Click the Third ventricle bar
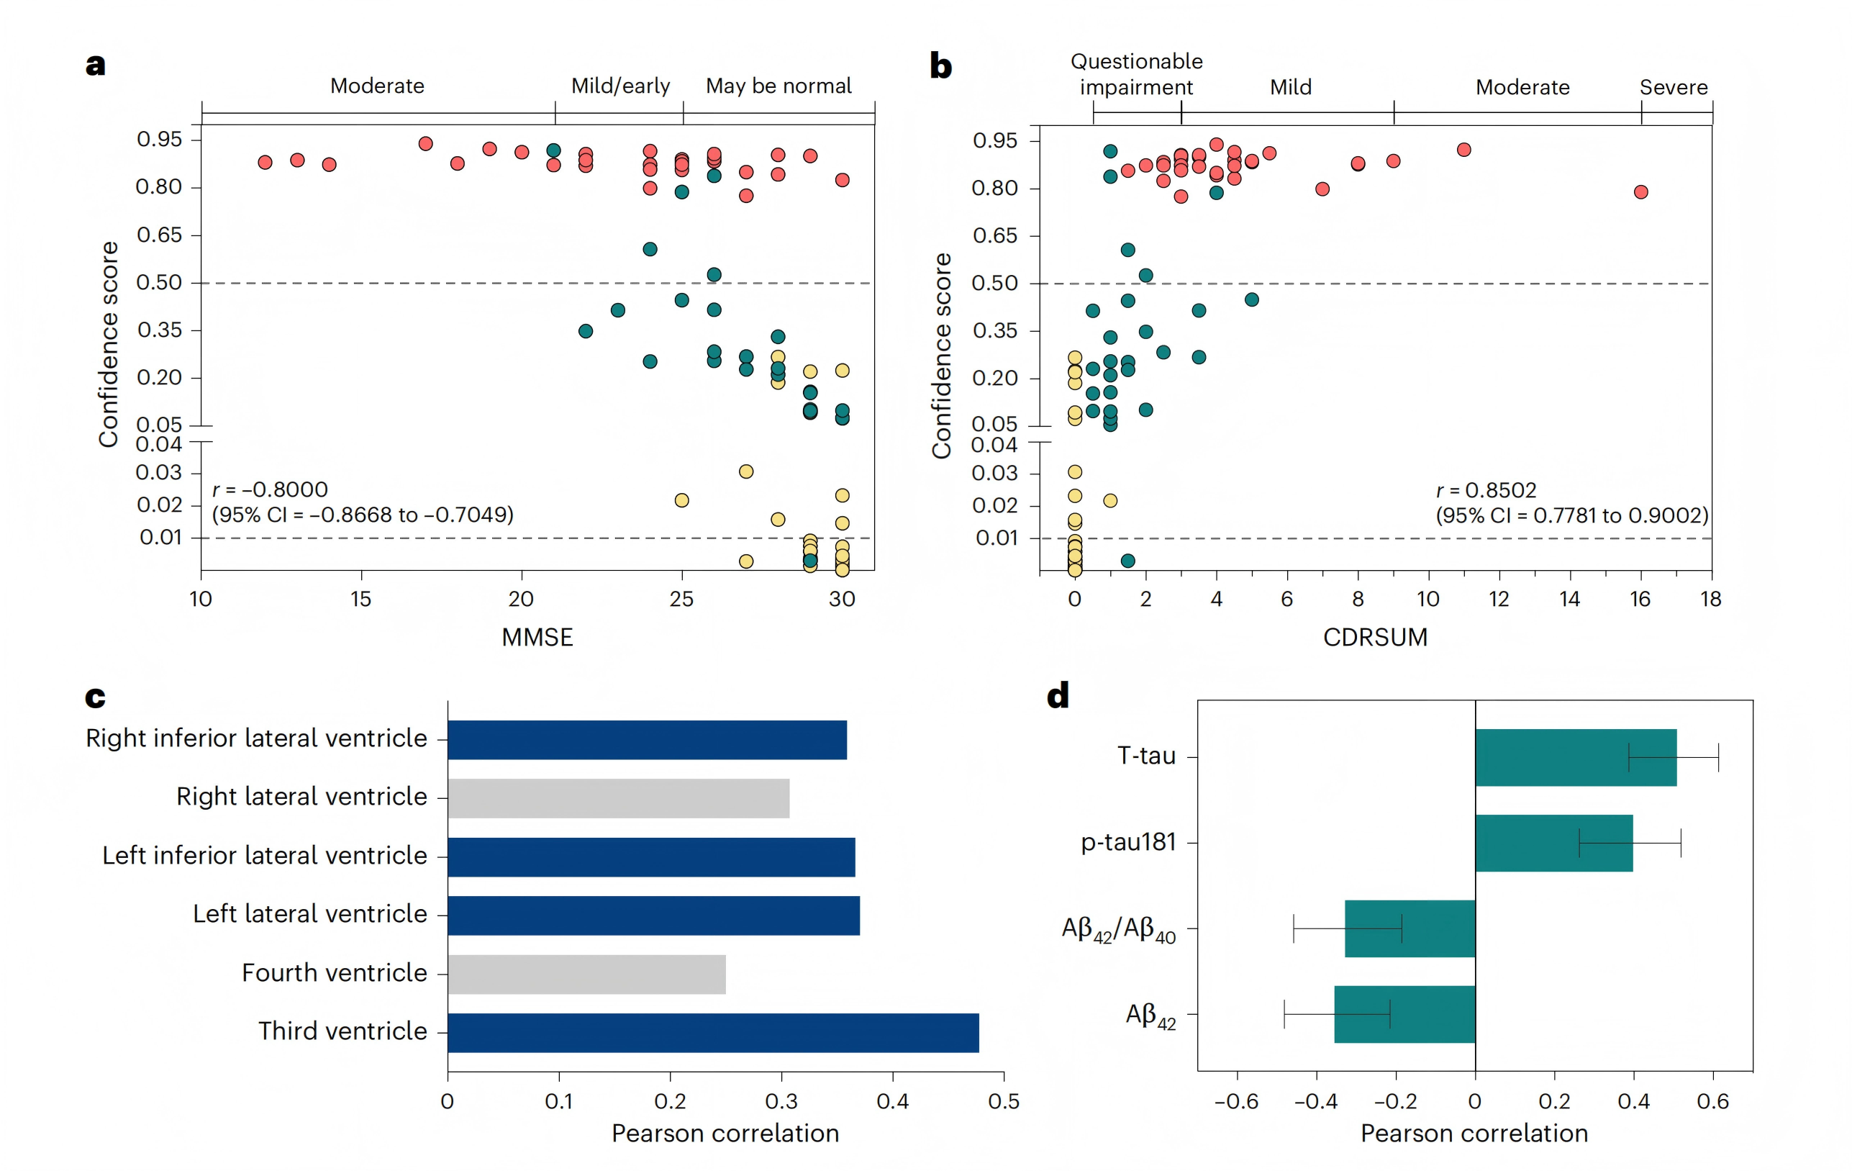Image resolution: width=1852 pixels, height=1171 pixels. [x=713, y=1033]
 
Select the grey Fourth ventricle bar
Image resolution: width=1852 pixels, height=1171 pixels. [x=587, y=974]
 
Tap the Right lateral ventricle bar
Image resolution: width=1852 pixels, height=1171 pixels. [x=618, y=798]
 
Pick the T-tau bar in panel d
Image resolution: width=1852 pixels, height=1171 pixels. [x=1575, y=757]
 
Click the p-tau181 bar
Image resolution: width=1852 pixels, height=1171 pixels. [x=1553, y=843]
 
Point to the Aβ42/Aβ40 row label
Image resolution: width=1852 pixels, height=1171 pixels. [x=1117, y=929]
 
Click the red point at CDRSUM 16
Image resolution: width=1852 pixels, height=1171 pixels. [x=1640, y=191]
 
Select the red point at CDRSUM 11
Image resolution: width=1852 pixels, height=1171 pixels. [x=1463, y=150]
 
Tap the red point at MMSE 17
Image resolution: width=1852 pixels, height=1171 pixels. [x=425, y=144]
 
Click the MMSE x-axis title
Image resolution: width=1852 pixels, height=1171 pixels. [x=537, y=637]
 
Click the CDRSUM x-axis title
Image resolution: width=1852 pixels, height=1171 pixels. [x=1374, y=637]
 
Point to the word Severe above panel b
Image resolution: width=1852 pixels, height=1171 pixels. [x=1673, y=87]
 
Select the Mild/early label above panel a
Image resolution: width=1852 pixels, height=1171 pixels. [x=620, y=86]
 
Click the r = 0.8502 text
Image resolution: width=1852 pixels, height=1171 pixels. [x=1485, y=490]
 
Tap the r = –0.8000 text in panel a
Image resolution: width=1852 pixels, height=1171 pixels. [x=270, y=489]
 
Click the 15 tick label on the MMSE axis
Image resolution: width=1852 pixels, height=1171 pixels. [x=360, y=599]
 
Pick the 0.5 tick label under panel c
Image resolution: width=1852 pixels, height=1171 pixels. [x=1003, y=1101]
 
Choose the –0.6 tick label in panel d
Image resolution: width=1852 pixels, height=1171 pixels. [x=1235, y=1101]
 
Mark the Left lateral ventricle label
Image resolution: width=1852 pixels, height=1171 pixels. [x=309, y=914]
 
